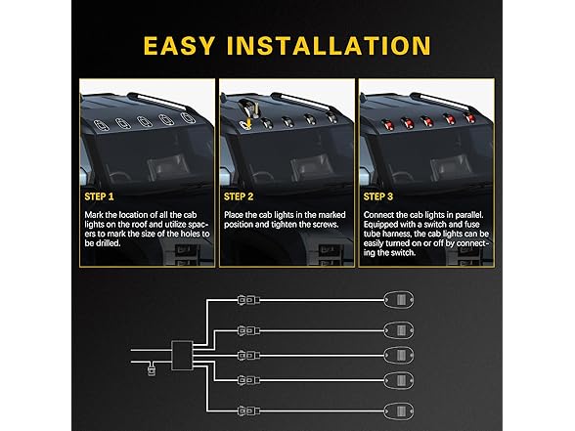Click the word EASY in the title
point(179,46)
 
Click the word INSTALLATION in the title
point(329,46)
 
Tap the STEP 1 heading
point(99,196)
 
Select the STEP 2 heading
point(239,196)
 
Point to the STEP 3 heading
point(378,196)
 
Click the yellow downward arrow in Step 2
point(248,123)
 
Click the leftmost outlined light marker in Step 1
point(101,125)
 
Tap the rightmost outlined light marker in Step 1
point(189,117)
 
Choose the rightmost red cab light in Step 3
point(468,117)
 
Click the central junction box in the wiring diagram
point(182,355)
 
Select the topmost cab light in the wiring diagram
point(399,300)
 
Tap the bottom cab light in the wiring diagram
point(399,410)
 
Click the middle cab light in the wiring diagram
point(399,355)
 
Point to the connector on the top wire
point(248,300)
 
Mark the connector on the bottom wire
point(248,410)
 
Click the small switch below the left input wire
point(151,370)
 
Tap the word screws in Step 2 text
point(326,225)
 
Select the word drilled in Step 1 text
point(109,243)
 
